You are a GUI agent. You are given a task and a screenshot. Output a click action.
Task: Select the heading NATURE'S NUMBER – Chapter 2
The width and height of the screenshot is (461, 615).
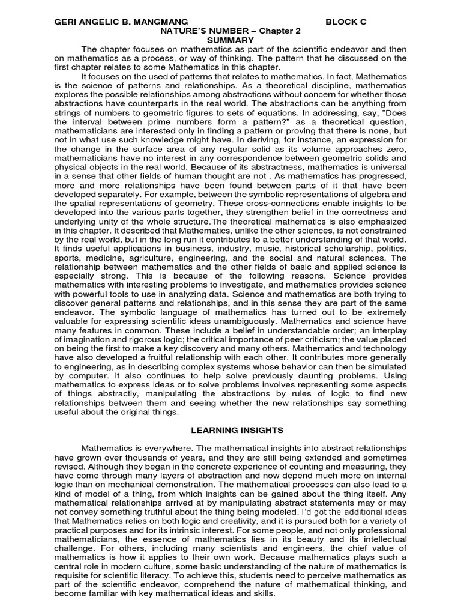[230, 31]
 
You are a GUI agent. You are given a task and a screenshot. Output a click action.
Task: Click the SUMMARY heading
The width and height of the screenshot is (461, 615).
[230, 40]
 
